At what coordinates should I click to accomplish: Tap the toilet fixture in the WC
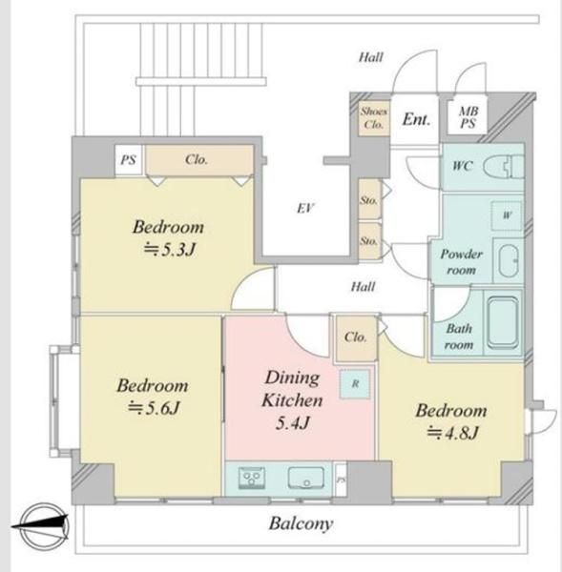pyautogui.click(x=504, y=167)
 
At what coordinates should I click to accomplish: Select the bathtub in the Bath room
pyautogui.click(x=503, y=323)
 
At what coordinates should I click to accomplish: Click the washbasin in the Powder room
pyautogui.click(x=509, y=260)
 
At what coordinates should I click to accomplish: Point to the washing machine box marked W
pyautogui.click(x=507, y=215)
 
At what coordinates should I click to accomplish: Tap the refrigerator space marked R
pyautogui.click(x=355, y=383)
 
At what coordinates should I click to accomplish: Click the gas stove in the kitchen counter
pyautogui.click(x=252, y=478)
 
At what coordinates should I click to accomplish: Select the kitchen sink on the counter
pyautogui.click(x=306, y=478)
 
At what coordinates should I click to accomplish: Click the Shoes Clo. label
pyautogui.click(x=374, y=117)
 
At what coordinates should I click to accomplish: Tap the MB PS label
pyautogui.click(x=468, y=117)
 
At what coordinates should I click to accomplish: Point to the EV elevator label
pyautogui.click(x=305, y=208)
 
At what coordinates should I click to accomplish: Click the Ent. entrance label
pyautogui.click(x=416, y=119)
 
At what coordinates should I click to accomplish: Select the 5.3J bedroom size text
pyautogui.click(x=170, y=250)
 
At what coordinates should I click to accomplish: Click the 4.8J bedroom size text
pyautogui.click(x=452, y=433)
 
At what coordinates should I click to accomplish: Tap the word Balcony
pyautogui.click(x=301, y=523)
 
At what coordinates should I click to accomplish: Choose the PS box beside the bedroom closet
pyautogui.click(x=129, y=160)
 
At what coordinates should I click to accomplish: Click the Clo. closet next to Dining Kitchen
pyautogui.click(x=356, y=338)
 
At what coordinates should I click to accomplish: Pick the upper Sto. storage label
pyautogui.click(x=369, y=200)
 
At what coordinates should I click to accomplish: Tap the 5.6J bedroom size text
pyautogui.click(x=154, y=408)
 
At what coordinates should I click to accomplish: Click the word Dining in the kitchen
pyautogui.click(x=292, y=378)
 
